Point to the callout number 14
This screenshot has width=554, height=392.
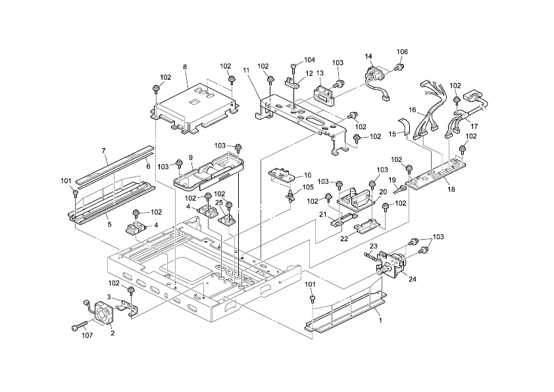click(368, 57)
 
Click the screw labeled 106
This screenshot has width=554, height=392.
click(399, 67)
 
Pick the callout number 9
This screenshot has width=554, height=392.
click(190, 157)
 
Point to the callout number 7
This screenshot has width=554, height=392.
click(104, 151)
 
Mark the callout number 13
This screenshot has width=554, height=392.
click(319, 73)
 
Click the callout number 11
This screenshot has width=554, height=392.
click(247, 69)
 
